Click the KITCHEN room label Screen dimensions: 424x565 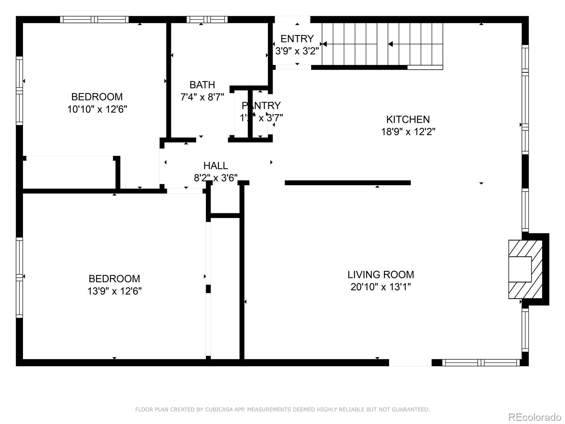point(408,119)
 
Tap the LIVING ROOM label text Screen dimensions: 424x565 point(381,275)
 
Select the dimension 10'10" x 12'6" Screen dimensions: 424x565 point(97,109)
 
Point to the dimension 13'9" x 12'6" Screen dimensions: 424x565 point(114,291)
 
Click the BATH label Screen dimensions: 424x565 point(202,85)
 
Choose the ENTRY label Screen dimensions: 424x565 point(297,39)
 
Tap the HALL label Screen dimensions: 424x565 point(215,166)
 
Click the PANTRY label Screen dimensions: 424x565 point(261,106)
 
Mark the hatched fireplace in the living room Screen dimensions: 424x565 point(525,269)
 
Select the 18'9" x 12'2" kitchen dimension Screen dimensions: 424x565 point(408,132)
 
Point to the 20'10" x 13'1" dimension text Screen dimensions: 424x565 point(381,287)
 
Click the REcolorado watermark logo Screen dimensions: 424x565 point(535,417)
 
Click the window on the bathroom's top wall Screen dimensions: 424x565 point(207,19)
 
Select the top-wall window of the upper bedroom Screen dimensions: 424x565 point(94,19)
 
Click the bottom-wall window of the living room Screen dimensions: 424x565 point(481,363)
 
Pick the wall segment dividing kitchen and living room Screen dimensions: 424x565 point(347,183)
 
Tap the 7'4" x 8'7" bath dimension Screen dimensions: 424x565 point(202,97)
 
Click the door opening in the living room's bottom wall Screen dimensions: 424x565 point(410,363)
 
